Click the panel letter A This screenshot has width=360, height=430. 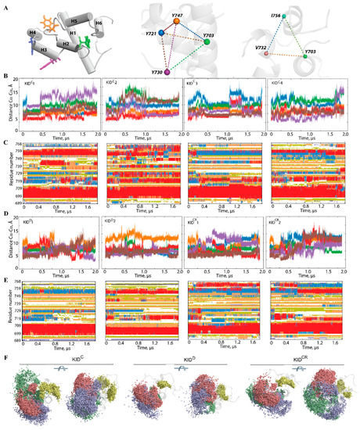[x=5, y=5]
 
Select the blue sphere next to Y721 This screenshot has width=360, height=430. [x=160, y=34]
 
